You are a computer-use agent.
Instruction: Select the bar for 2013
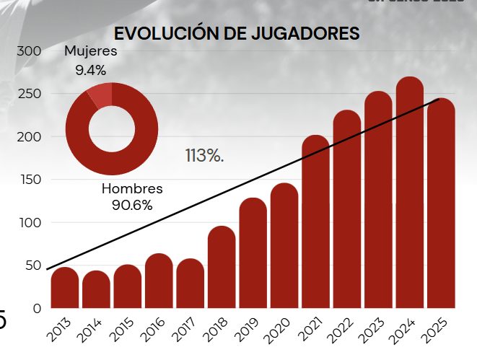point(65,288)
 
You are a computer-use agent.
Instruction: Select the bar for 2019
point(253,253)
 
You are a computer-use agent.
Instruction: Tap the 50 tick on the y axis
point(32,265)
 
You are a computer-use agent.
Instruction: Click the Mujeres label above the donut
point(90,51)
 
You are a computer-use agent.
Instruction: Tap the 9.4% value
point(90,70)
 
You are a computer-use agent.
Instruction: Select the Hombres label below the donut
point(132,189)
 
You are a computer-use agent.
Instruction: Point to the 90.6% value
point(132,205)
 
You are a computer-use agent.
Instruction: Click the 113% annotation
point(204,156)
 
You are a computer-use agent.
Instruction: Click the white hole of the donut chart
point(111,129)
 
